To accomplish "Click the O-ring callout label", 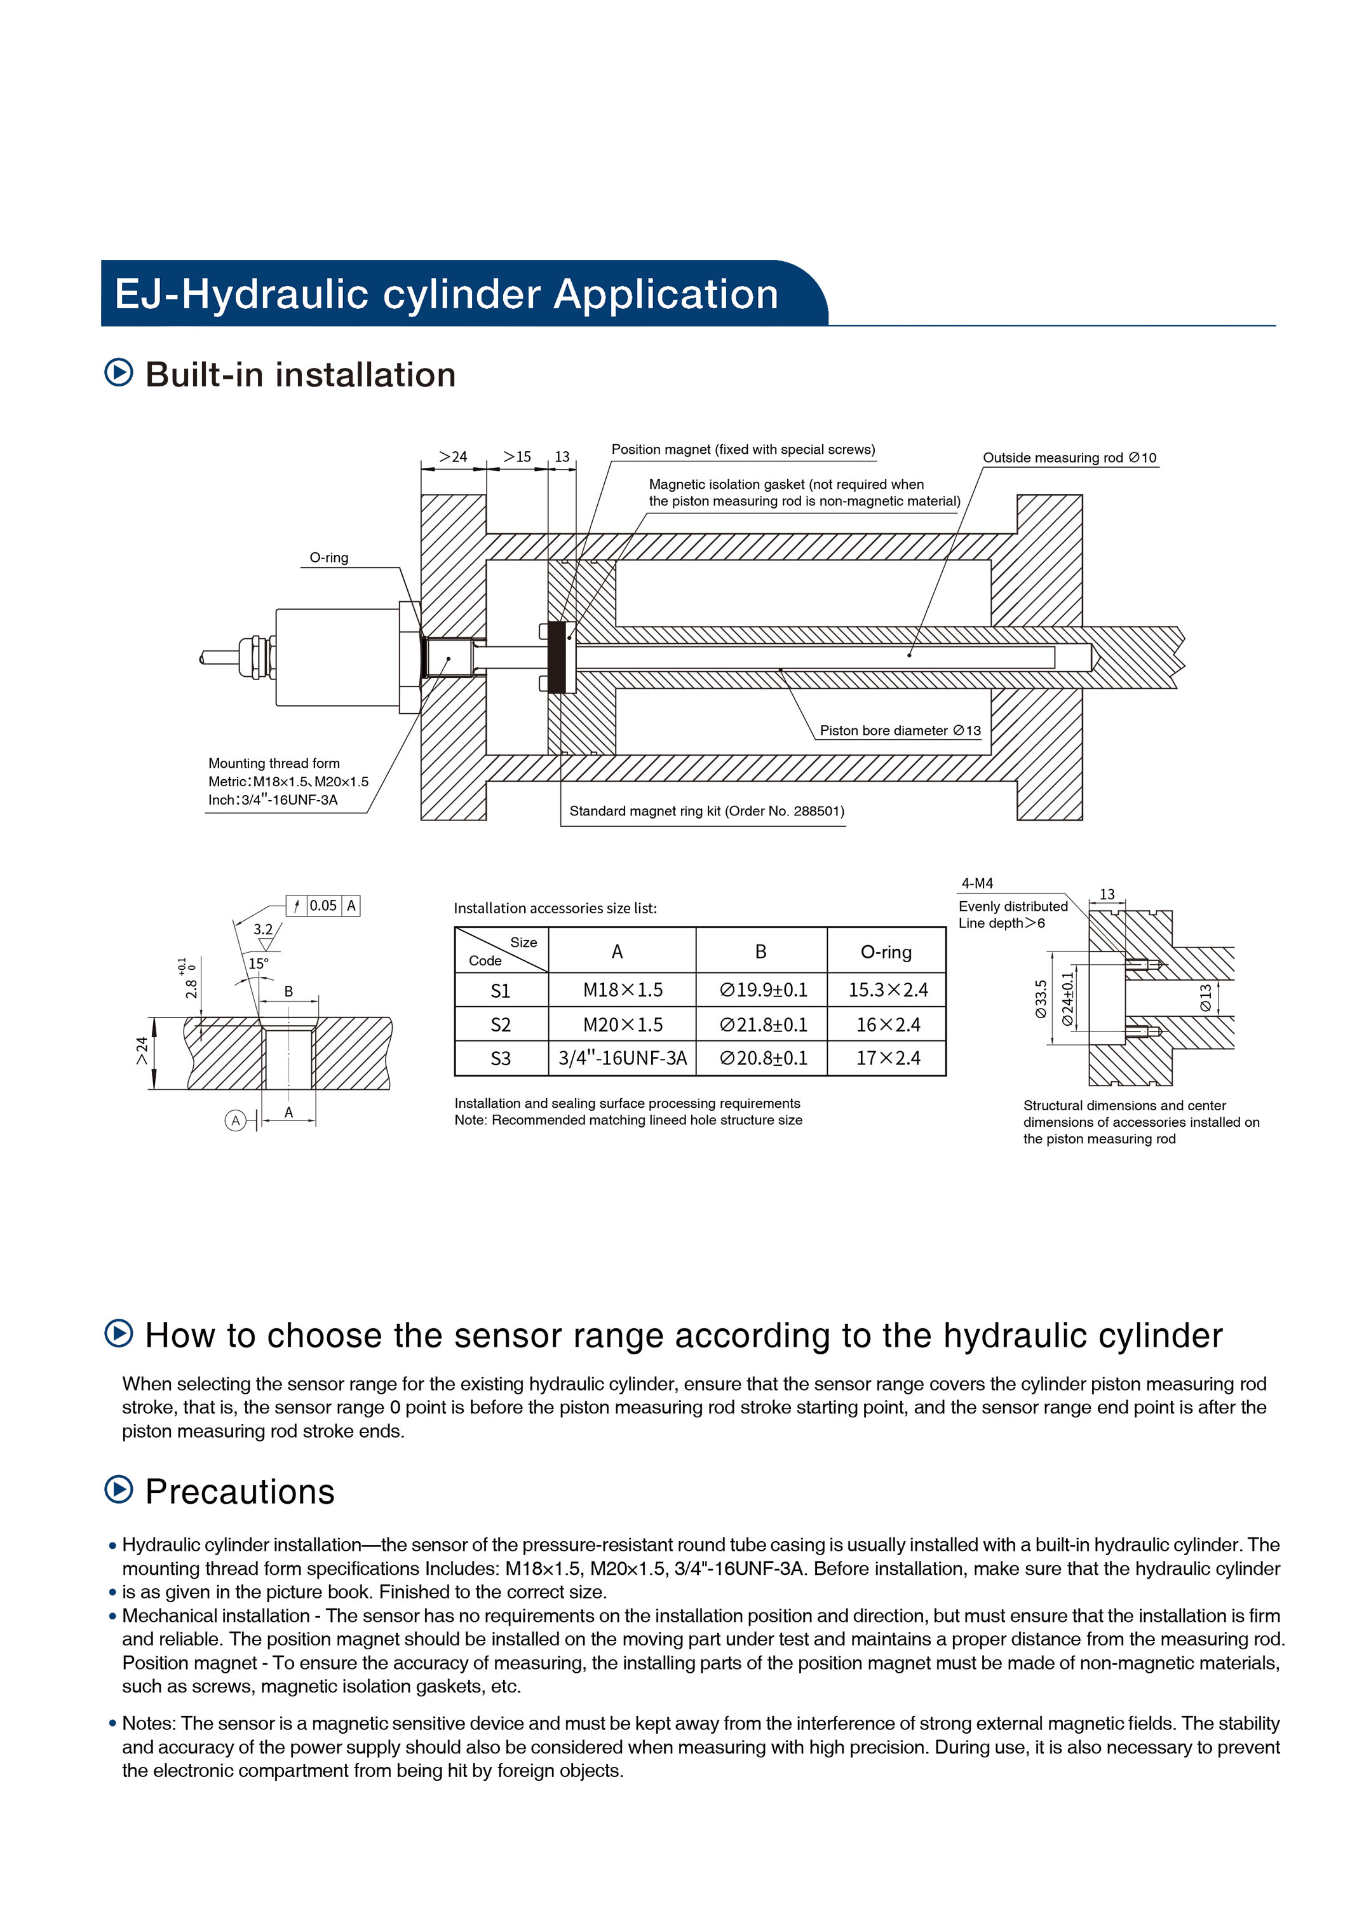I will [328, 558].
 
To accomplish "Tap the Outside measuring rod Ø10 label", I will [1069, 458].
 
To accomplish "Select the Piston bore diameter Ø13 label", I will [900, 731].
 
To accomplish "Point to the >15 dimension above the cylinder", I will [517, 457].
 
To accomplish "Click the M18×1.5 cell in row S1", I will [623, 990].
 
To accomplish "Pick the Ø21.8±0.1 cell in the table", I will [762, 1025].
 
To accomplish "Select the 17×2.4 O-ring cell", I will [888, 1058].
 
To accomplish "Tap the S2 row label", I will [501, 1026].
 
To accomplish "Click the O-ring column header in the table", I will [886, 952].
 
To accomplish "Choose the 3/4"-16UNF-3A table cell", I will [623, 1058].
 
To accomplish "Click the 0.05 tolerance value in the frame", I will [323, 906].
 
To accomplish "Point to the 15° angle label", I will [258, 964].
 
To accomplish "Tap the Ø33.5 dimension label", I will [1041, 999].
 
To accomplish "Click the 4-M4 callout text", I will [977, 883].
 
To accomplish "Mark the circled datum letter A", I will [235, 1120].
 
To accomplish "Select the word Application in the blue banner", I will [665, 295].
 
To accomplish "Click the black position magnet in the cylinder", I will [556, 658].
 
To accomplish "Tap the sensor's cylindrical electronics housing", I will [337, 658].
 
